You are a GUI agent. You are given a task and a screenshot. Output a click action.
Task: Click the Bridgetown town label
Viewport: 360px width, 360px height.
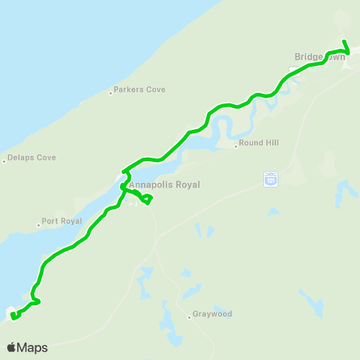point(320,56)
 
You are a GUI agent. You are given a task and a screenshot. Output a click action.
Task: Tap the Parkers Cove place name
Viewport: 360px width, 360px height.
point(140,90)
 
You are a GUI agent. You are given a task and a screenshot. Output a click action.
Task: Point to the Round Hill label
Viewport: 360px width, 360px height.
point(259,145)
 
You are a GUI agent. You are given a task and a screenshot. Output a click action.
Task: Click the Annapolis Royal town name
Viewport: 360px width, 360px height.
point(164,184)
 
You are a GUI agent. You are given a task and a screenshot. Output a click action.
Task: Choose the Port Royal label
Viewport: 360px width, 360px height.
point(61,222)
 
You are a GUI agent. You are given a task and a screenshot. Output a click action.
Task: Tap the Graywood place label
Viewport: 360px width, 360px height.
point(212,314)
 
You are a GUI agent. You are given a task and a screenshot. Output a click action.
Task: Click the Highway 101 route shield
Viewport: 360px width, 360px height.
point(271,178)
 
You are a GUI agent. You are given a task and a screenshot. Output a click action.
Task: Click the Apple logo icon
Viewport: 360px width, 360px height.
point(12,347)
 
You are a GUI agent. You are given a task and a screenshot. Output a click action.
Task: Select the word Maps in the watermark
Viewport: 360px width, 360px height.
point(32,347)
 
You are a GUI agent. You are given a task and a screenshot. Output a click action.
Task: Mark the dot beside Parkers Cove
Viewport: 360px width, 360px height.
point(111,93)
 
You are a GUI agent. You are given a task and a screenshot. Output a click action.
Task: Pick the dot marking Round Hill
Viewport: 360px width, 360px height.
point(236,146)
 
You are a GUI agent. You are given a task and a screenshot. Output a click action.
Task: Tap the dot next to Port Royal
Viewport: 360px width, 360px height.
point(38,224)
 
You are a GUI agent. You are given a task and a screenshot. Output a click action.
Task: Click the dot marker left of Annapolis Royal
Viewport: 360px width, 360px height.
point(124,185)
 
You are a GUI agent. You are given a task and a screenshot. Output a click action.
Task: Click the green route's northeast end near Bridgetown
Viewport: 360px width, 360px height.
point(343,41)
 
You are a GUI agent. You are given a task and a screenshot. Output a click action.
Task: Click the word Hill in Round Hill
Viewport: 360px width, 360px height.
point(272,145)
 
